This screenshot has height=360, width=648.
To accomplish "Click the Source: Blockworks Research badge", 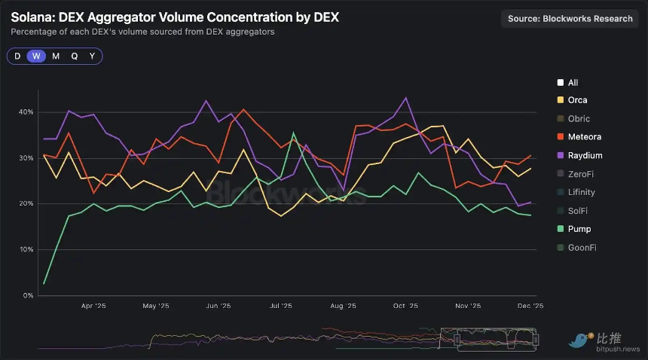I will tap(570, 19).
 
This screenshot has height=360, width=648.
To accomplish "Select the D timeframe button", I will tap(17, 56).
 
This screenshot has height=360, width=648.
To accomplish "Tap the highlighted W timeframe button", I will tap(35, 56).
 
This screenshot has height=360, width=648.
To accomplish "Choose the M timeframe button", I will tap(55, 56).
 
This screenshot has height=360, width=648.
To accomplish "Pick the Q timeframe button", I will tap(74, 56).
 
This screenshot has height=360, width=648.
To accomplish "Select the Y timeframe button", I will tap(92, 56).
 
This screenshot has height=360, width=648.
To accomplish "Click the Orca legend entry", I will tap(577, 100).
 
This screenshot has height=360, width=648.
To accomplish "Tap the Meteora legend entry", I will tap(581, 137).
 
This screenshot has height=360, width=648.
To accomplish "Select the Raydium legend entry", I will tap(582, 156).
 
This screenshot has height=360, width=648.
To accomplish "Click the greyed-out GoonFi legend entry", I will tap(582, 247).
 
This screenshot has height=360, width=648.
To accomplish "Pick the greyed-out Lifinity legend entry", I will tap(581, 192).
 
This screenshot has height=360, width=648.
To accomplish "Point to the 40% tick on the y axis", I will tap(26, 112).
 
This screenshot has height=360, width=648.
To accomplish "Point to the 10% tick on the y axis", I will tap(26, 249).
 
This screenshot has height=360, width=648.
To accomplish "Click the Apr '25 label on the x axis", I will tap(93, 307).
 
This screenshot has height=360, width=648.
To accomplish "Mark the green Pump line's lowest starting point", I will tap(44, 283).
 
